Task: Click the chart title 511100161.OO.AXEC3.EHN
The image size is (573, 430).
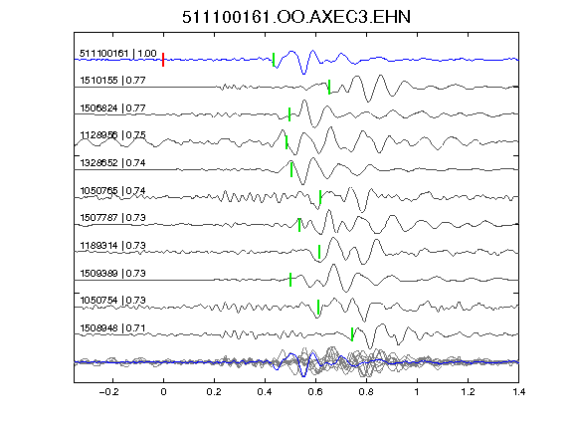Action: click(x=296, y=17)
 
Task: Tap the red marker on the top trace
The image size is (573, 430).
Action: click(x=163, y=60)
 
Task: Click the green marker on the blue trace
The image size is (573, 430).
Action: click(x=274, y=60)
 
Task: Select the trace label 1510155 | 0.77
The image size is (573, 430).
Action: click(x=112, y=80)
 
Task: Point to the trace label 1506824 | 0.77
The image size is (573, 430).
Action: click(x=112, y=107)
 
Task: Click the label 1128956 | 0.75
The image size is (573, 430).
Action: click(x=112, y=135)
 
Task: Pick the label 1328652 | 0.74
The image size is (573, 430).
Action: click(x=112, y=162)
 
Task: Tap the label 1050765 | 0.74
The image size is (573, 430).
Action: click(x=112, y=190)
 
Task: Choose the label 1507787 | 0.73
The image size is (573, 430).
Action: click(x=112, y=218)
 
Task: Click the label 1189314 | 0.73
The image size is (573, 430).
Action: click(x=112, y=245)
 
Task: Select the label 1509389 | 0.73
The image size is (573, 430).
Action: click(x=112, y=273)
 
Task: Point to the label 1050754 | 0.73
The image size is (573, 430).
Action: click(x=112, y=301)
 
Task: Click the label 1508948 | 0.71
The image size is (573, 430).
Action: click(x=112, y=328)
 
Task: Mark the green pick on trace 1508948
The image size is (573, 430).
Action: click(x=352, y=334)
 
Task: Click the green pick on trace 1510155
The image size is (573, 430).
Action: click(x=329, y=87)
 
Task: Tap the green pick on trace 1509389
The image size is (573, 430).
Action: click(x=290, y=280)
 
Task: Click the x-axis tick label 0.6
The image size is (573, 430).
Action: click(x=315, y=392)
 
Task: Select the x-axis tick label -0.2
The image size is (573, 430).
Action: click(x=108, y=392)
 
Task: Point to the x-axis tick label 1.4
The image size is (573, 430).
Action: click(x=518, y=392)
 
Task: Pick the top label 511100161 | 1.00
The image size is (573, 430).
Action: click(x=118, y=54)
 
